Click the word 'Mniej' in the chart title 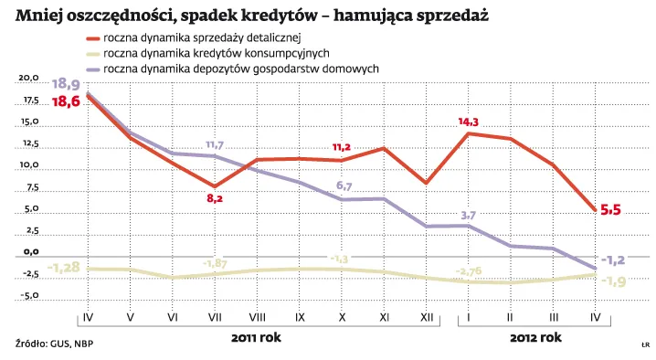coord(39,16)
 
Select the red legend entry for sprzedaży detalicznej coord(201,38)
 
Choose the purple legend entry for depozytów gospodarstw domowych coord(228,69)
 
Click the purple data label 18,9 coord(69,83)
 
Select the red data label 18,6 coord(67,101)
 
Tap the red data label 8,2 coord(215,197)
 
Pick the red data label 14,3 coord(469,121)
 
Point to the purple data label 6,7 coord(344,186)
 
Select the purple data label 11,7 coord(215,144)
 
